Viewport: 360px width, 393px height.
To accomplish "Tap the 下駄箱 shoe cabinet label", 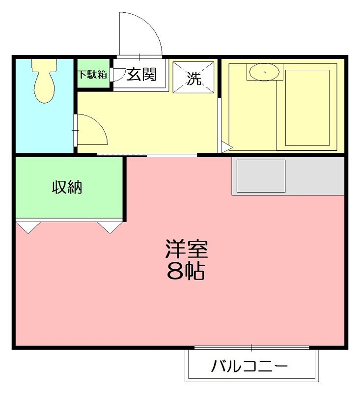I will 92,75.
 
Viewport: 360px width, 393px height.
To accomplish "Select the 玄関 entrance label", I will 141,75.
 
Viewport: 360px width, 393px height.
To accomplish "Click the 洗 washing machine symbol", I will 194,79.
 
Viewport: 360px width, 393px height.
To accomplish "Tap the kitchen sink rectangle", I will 261,176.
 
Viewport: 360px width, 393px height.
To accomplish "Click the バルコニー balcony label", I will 249,366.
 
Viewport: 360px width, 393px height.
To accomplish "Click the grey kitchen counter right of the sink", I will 315,176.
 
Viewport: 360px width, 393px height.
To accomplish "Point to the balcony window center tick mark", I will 251,348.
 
